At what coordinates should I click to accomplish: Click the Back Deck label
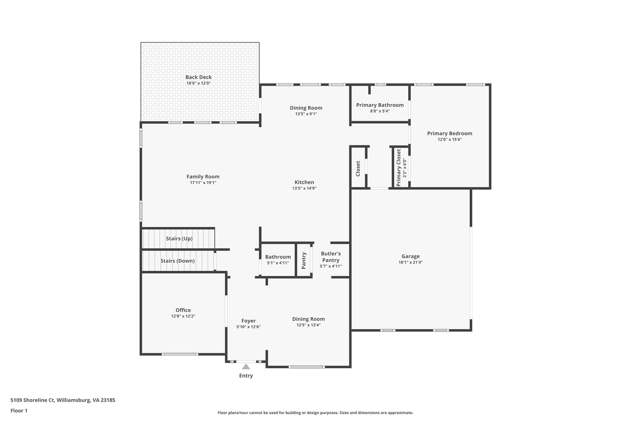198,77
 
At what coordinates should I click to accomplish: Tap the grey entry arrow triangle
246,367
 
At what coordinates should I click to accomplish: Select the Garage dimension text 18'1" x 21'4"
410,262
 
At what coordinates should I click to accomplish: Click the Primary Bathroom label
380,105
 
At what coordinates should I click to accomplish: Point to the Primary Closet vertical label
399,168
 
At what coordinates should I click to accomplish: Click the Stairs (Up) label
179,238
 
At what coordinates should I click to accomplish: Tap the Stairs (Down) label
177,261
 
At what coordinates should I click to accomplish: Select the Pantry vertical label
304,261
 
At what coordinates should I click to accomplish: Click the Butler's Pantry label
331,257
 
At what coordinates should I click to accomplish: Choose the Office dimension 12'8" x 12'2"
183,316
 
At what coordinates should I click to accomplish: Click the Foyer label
248,321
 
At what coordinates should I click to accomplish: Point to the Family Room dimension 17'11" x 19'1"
203,183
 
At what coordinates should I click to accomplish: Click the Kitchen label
304,182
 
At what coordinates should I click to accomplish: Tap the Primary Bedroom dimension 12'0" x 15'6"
450,139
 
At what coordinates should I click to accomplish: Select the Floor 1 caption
19,411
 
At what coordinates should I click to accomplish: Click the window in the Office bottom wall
180,354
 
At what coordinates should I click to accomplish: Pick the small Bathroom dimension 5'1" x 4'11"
278,263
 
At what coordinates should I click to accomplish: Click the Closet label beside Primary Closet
358,169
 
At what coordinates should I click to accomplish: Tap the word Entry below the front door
246,376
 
